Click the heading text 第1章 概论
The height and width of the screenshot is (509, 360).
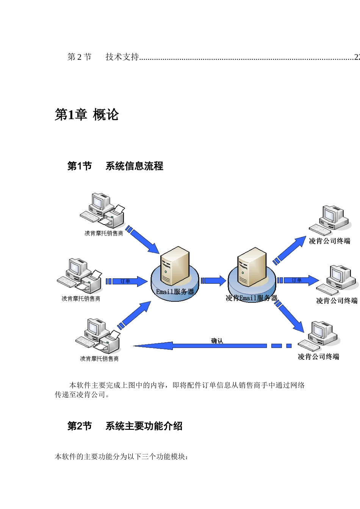[87, 114]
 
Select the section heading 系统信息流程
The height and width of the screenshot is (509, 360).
[134, 166]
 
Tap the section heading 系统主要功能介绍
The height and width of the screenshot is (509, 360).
[144, 426]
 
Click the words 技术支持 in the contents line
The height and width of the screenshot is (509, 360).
[122, 57]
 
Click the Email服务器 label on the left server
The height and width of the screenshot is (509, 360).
[175, 292]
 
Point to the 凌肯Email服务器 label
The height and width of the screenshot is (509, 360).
[251, 298]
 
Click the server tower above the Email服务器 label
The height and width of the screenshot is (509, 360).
[175, 265]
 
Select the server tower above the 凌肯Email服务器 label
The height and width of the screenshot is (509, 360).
[252, 267]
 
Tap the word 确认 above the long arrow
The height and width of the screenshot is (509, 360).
[217, 341]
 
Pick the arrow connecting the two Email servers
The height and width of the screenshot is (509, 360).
[213, 281]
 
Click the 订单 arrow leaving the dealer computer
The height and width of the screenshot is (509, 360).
[127, 281]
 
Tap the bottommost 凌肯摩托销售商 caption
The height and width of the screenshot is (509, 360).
[99, 359]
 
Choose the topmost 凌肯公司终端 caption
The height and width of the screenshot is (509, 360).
[329, 241]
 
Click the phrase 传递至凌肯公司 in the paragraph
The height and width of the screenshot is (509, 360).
[80, 395]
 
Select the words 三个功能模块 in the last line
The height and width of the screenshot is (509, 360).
[167, 457]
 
